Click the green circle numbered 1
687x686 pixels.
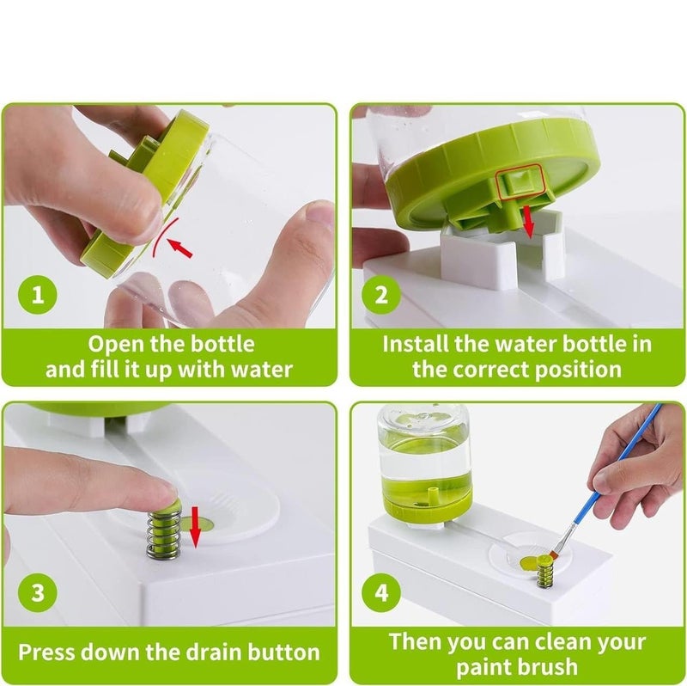[38, 294]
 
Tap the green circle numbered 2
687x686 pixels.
[381, 294]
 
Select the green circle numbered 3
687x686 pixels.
[38, 592]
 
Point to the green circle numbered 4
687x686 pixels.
[381, 592]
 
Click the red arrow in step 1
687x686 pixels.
[180, 248]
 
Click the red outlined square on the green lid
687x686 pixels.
[520, 179]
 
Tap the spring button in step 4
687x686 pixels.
[544, 570]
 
